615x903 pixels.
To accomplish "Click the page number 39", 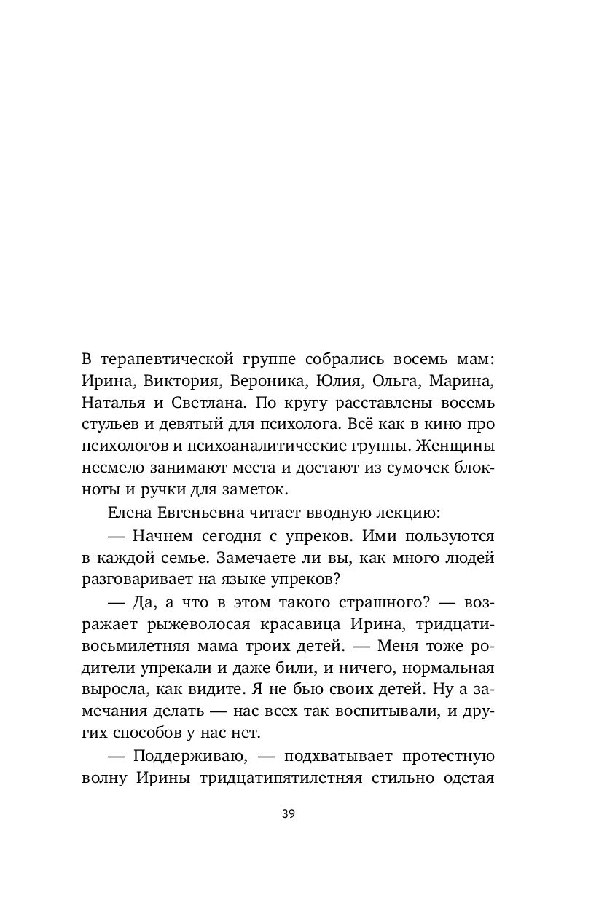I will tap(288, 814).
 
